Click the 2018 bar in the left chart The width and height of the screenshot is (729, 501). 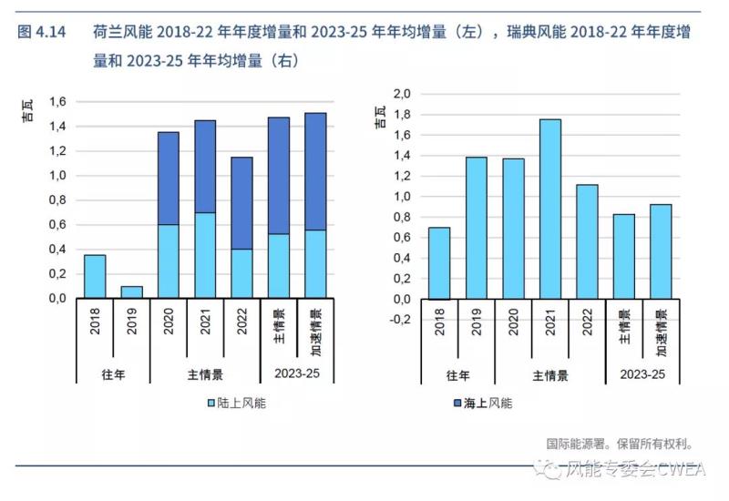95,276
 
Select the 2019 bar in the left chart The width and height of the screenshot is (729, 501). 131,291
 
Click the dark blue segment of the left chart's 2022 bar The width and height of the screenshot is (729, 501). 241,203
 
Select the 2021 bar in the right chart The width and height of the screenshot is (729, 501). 549,210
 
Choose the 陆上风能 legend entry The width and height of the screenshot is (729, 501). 236,402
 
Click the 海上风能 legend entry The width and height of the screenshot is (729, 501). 482,402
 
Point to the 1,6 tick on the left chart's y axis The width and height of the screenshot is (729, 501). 56,102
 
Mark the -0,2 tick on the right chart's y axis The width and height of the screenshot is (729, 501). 400,320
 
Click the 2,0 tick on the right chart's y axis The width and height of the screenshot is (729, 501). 402,94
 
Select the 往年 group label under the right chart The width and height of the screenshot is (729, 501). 458,374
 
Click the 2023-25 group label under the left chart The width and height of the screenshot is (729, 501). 296,374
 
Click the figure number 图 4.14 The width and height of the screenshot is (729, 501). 41,33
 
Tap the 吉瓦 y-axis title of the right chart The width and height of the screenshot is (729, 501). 379,116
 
